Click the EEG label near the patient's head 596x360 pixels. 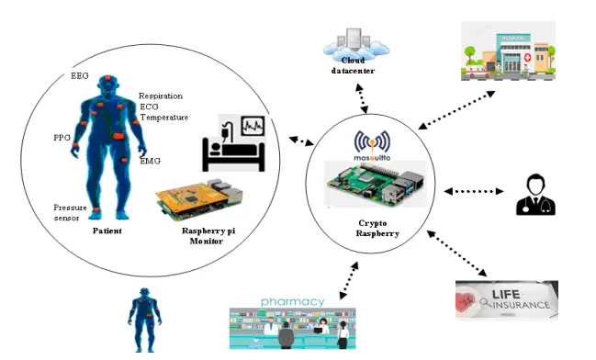pos(81,76)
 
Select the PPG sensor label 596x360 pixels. pos(62,138)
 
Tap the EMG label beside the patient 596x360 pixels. pos(150,162)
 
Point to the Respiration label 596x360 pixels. pos(161,96)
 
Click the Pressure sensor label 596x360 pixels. pos(70,213)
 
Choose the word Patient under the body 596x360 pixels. pos(107,231)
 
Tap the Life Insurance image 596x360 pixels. pos(506,299)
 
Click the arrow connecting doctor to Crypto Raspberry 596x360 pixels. pos(474,192)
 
